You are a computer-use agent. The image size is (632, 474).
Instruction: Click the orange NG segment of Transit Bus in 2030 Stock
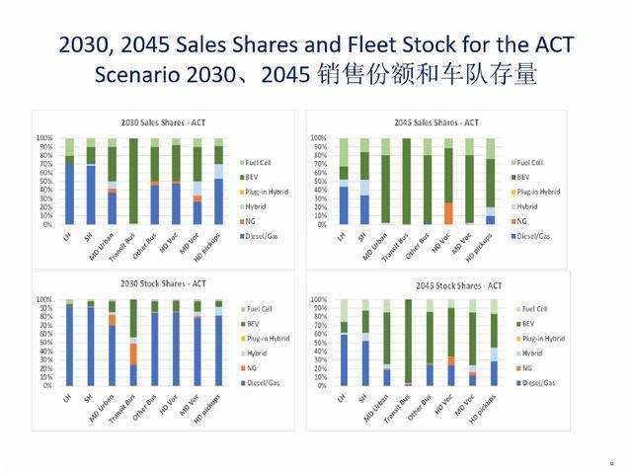[133, 354]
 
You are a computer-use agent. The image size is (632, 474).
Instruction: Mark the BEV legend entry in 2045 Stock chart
[533, 324]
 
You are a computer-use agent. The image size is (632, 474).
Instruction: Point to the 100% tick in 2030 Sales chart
[45, 139]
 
